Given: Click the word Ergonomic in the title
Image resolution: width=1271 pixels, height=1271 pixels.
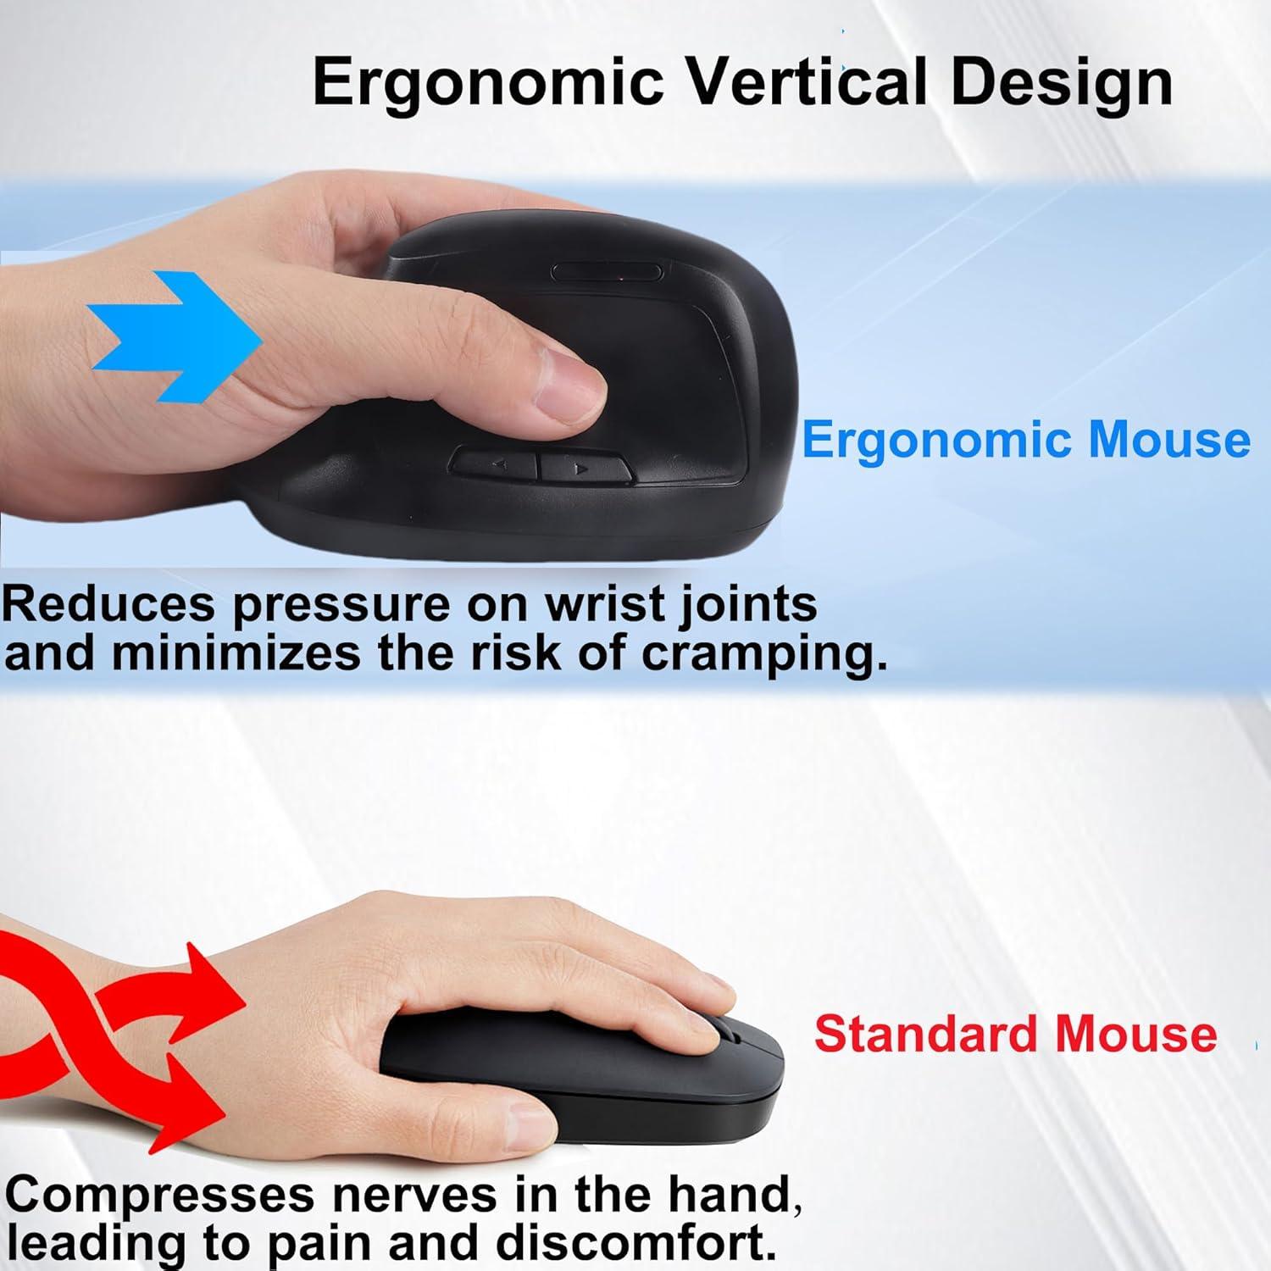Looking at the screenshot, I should click(487, 83).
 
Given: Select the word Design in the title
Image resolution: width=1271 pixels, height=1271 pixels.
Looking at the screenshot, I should click(1061, 83).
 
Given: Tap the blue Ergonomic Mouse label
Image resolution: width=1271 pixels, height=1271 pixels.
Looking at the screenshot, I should click(1025, 440).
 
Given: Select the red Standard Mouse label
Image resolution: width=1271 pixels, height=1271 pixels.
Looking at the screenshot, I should click(1015, 1035).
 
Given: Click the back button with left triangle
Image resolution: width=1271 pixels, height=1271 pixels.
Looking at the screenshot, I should click(497, 465).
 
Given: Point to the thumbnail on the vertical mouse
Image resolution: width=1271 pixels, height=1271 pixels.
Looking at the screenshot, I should click(578, 397).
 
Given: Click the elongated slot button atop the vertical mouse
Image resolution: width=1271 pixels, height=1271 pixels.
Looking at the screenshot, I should click(607, 273).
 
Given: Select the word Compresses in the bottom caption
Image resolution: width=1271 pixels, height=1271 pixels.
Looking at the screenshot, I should click(159, 1196).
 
